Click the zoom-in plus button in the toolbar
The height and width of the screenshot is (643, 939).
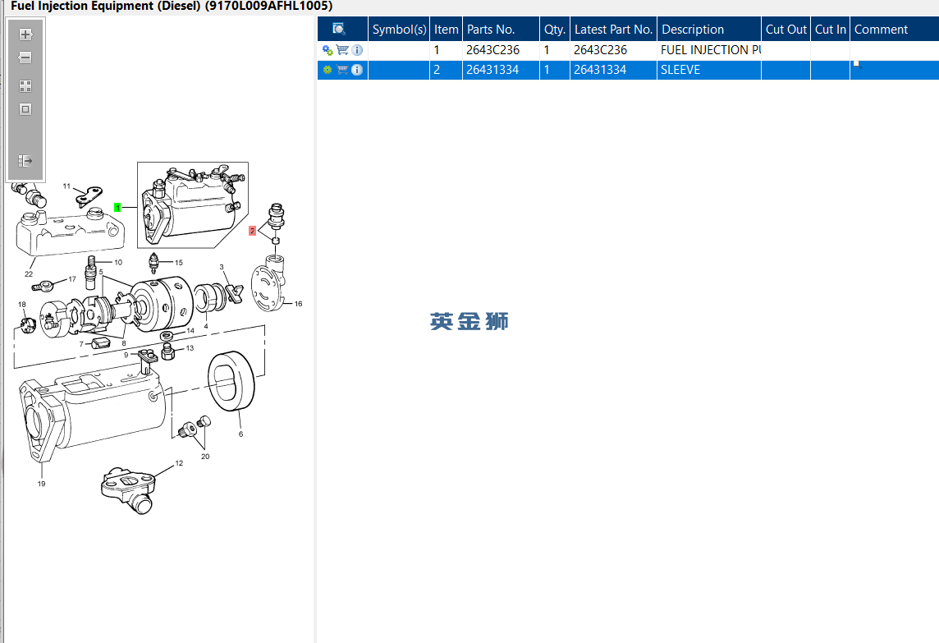[25, 34]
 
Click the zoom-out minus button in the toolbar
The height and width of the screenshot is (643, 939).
[25, 57]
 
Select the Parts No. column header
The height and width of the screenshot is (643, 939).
[491, 30]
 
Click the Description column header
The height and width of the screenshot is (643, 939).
[693, 30]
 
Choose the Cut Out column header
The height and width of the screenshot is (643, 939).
[786, 30]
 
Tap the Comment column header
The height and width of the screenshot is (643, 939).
[881, 30]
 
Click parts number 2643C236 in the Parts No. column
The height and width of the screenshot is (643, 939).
[492, 50]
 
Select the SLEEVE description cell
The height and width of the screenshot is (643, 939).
[680, 70]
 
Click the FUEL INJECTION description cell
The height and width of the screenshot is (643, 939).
[709, 50]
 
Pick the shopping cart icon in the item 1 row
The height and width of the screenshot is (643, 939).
[342, 50]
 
